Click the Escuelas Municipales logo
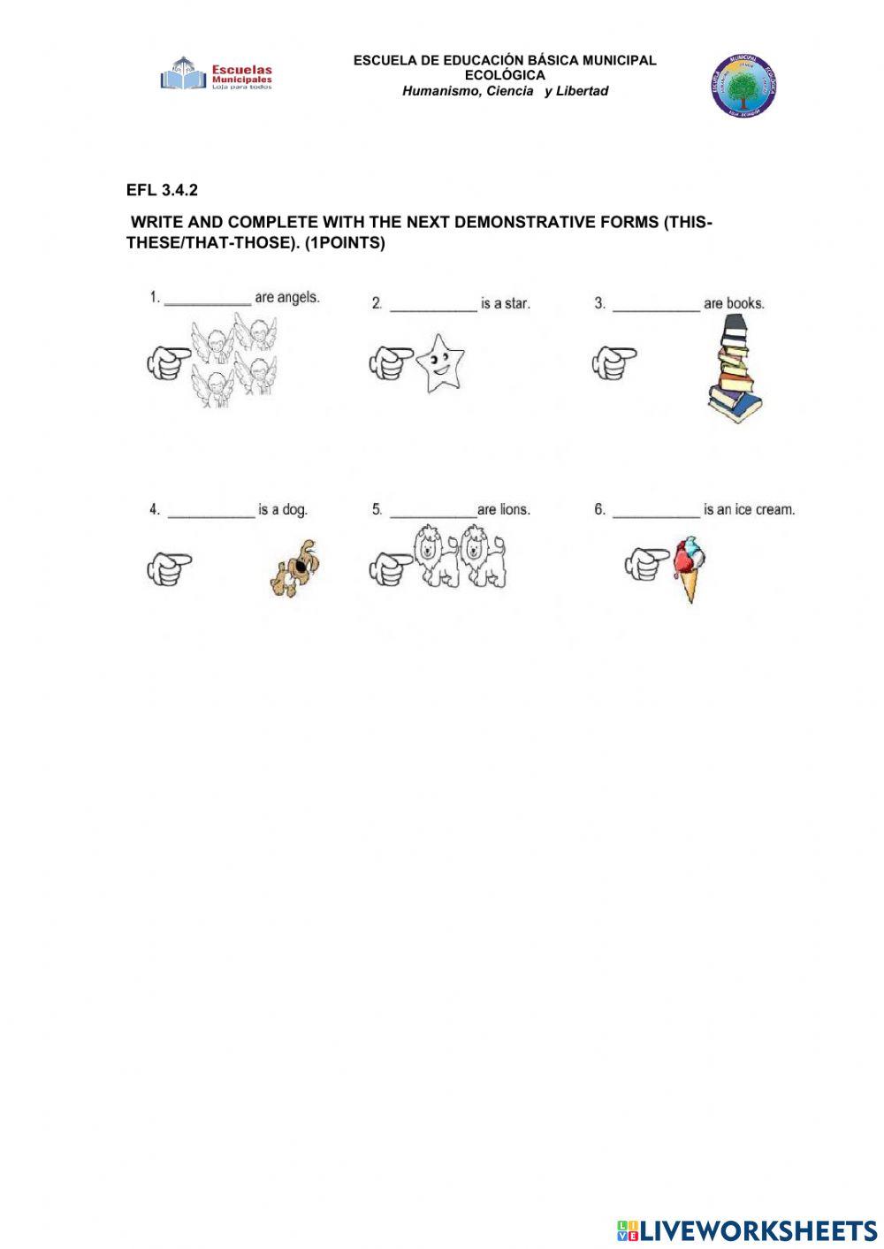pyautogui.click(x=217, y=74)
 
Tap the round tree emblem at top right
pyautogui.click(x=743, y=86)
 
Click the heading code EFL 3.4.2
pyautogui.click(x=162, y=190)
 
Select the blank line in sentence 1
pyautogui.click(x=208, y=301)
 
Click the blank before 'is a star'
pyautogui.click(x=433, y=306)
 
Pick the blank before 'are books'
pyautogui.click(x=656, y=306)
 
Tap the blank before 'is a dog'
pyautogui.click(x=211, y=513)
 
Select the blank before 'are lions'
pyautogui.click(x=433, y=513)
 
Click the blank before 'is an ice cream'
pyautogui.click(x=656, y=513)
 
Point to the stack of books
pyautogui.click(x=735, y=369)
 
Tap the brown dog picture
pyautogui.click(x=295, y=567)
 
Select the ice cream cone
pyautogui.click(x=689, y=569)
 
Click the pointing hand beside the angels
pyautogui.click(x=168, y=362)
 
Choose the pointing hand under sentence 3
pyautogui.click(x=613, y=362)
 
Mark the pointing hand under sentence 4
pyautogui.click(x=169, y=568)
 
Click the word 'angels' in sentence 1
pyautogui.click(x=298, y=298)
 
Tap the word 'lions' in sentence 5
pyautogui.click(x=514, y=510)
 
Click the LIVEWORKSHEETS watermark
pyautogui.click(x=747, y=1230)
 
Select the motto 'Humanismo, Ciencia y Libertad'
pyautogui.click(x=505, y=91)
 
